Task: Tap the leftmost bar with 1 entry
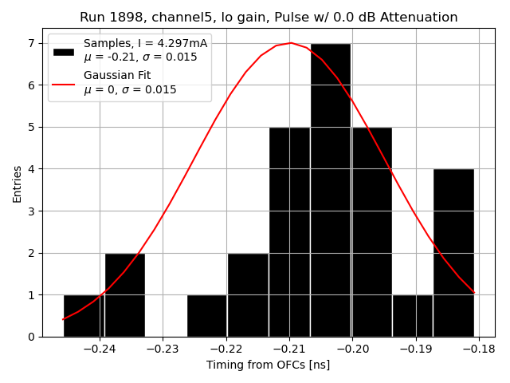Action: coord(82,315)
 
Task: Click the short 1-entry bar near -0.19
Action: coord(412,315)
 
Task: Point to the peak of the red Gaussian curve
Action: coord(291,43)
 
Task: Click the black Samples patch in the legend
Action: coord(64,52)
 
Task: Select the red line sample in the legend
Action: coord(64,83)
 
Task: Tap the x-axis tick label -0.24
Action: coord(99,349)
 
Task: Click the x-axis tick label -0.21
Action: coord(289,349)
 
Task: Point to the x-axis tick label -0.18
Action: coord(480,349)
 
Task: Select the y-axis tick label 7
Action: coord(32,43)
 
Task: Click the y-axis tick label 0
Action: coord(32,337)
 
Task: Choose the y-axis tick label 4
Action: coord(32,169)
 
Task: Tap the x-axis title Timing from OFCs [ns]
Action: coord(268,365)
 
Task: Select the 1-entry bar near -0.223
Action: coord(207,315)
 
